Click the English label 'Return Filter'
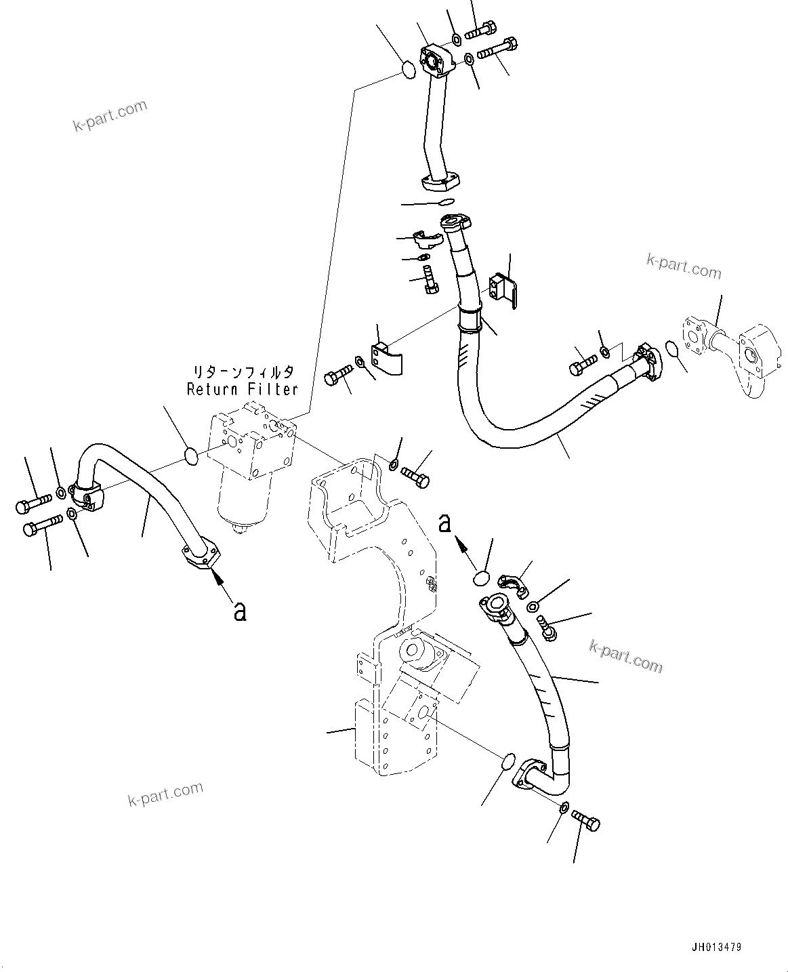pos(242,390)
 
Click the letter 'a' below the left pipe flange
pos(239,611)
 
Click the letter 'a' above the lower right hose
pos(444,523)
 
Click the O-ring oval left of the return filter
pos(192,456)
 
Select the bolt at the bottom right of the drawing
pos(586,820)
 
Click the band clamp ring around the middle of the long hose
pos(471,318)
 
